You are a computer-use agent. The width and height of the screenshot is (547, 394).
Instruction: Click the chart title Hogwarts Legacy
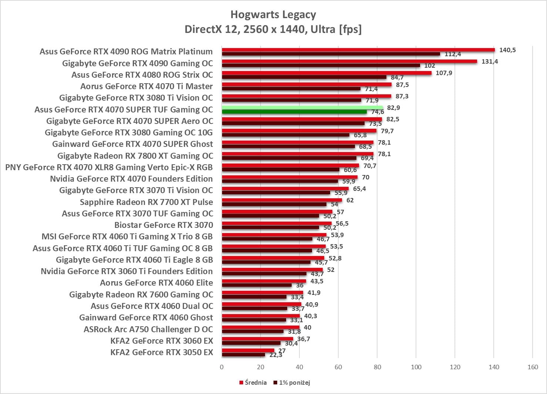[273, 14]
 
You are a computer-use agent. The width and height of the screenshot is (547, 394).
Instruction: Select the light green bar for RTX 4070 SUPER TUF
[302, 108]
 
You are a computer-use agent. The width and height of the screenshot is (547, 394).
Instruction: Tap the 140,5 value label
[507, 50]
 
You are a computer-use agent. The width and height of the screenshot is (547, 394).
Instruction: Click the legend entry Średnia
[253, 383]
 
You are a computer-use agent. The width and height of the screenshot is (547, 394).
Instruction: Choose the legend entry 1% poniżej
[292, 383]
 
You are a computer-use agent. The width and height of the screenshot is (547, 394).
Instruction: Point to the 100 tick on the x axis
[416, 367]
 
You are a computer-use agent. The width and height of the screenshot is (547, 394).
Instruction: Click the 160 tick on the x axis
[533, 367]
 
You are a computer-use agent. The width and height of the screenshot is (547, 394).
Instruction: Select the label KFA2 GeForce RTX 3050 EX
[162, 352]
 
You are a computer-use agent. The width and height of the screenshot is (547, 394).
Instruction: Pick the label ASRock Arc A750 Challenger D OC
[148, 329]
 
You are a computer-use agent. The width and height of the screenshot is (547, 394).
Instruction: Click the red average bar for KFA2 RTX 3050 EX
[248, 350]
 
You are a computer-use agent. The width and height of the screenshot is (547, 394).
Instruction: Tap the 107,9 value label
[444, 73]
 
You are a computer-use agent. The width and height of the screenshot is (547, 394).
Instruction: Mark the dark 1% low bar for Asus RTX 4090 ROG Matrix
[331, 54]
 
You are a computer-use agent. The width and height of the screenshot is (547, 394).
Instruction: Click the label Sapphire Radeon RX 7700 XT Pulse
[146, 202]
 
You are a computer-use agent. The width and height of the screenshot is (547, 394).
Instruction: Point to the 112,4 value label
[453, 54]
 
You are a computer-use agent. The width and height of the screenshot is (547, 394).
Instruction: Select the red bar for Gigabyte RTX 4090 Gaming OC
[349, 61]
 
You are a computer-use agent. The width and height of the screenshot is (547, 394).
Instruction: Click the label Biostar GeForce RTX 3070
[164, 225]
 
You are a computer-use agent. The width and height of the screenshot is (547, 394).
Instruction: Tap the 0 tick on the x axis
[222, 367]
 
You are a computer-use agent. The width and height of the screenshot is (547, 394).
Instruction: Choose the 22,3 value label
[276, 355]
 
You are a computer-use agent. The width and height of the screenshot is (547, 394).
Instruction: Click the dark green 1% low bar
[294, 112]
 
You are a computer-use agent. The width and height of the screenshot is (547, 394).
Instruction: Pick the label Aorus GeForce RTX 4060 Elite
[156, 283]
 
